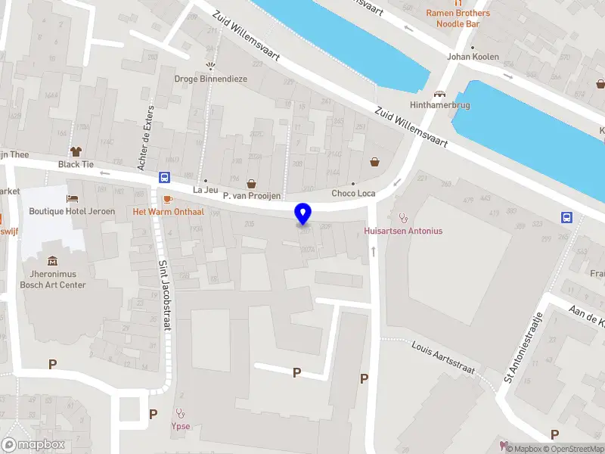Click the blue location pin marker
303,213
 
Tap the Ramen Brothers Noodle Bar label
458,18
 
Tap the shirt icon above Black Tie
76,151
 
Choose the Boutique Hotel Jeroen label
72,211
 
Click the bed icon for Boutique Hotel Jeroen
72,198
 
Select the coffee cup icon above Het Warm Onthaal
167,198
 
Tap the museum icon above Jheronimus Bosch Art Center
53,261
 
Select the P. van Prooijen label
252,196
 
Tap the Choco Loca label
353,194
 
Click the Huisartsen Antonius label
403,231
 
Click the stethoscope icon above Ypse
180,413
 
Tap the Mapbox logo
34,445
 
